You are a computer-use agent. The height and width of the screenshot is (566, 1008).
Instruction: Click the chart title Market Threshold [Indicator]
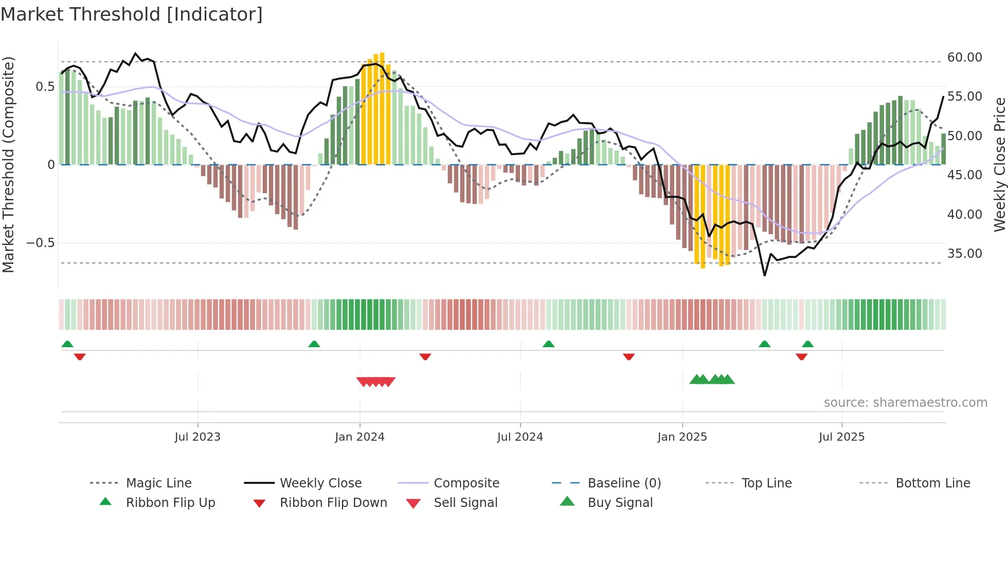point(132,14)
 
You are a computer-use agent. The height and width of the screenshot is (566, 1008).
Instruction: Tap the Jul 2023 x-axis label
point(197,437)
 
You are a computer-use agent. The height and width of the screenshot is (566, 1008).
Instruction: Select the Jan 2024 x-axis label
point(359,437)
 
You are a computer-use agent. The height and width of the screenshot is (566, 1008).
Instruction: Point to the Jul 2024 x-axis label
point(520,437)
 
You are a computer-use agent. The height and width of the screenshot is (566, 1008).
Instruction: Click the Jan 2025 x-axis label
point(682,437)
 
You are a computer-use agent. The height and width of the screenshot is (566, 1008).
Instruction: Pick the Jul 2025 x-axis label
point(841,437)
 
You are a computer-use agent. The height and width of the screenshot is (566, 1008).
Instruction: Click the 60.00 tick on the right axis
point(964,58)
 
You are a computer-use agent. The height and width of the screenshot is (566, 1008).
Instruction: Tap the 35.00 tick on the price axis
point(964,254)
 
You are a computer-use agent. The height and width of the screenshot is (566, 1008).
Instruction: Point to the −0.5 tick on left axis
point(40,243)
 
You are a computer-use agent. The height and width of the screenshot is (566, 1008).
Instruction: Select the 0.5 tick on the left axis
point(45,87)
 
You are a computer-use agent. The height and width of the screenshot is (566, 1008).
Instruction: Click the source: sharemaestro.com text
point(905,403)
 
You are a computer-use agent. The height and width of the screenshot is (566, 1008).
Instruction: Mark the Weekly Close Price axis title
point(999,164)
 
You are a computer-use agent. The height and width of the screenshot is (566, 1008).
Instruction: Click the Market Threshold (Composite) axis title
point(8,164)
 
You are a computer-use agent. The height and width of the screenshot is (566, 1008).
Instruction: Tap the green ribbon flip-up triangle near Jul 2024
point(548,344)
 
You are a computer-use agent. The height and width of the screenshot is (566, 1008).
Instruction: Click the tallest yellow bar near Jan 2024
point(382,108)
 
